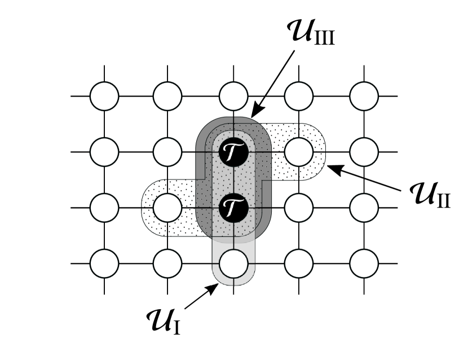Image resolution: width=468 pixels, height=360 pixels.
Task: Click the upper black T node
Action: [233, 152]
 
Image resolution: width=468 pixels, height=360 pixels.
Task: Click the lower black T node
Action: [233, 208]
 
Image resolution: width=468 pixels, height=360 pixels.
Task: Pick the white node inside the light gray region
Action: [233, 263]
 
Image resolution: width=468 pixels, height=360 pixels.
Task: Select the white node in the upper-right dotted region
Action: [299, 152]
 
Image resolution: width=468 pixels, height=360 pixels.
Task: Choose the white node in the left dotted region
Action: [167, 208]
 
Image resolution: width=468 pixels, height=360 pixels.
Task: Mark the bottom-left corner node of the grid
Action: [104, 263]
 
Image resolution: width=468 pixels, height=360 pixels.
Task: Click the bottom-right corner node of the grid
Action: [364, 263]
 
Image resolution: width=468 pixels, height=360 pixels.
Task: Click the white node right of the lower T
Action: [299, 208]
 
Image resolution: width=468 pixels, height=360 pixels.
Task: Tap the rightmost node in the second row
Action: [364, 152]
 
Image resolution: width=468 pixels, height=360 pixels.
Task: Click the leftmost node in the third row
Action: [104, 208]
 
